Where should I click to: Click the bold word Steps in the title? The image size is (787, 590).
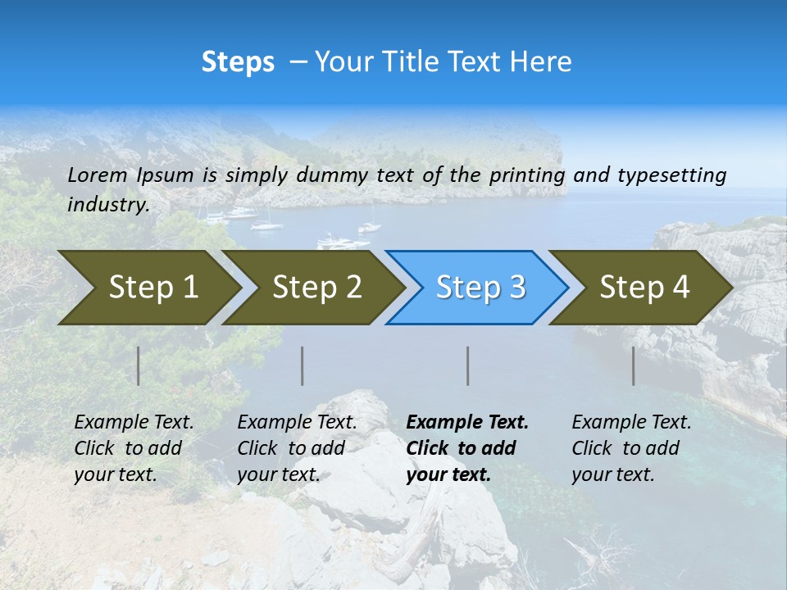tap(238, 62)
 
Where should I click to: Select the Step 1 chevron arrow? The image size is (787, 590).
tap(148, 288)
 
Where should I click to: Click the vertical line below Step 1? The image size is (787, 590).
tap(139, 365)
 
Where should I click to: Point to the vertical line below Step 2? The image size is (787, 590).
tap(303, 365)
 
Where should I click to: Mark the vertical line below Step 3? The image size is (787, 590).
tap(468, 365)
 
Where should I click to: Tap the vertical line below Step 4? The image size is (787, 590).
tap(634, 365)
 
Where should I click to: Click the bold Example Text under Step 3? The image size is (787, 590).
tap(467, 422)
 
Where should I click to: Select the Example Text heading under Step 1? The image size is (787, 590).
tap(134, 422)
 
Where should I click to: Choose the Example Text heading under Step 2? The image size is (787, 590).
tap(297, 422)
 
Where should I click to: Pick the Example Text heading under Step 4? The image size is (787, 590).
tap(631, 422)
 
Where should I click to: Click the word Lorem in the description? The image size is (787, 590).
tap(98, 175)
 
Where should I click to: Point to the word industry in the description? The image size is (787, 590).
tap(108, 204)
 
